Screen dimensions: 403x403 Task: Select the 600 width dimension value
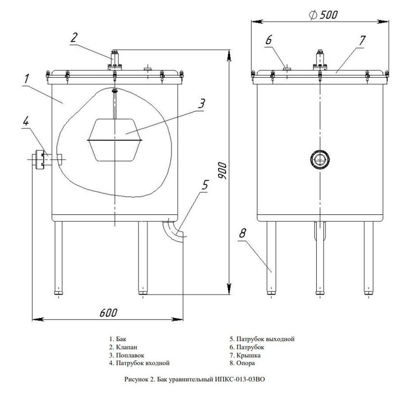pyautogui.click(x=108, y=312)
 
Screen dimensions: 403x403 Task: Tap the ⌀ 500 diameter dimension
pyautogui.click(x=323, y=15)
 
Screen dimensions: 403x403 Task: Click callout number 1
pyautogui.click(x=27, y=79)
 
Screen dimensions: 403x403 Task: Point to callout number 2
pyautogui.click(x=74, y=37)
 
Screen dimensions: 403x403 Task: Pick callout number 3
pyautogui.click(x=202, y=103)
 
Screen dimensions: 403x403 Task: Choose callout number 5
pyautogui.click(x=205, y=184)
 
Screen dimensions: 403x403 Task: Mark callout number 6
pyautogui.click(x=269, y=40)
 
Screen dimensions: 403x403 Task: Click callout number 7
pyautogui.click(x=362, y=40)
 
